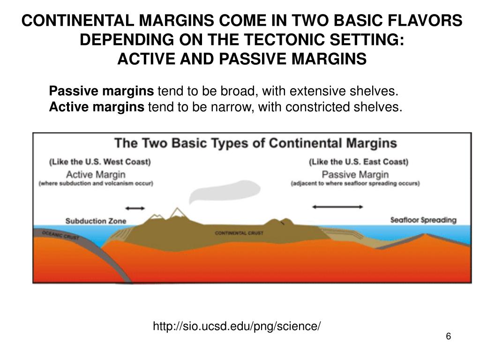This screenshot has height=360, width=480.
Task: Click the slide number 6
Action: (448, 337)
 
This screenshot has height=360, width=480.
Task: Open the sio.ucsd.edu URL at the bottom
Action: (237, 326)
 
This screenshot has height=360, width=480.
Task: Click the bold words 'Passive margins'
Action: (101, 90)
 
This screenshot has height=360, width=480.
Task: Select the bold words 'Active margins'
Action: (97, 107)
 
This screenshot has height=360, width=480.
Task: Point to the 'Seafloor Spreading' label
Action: (423, 220)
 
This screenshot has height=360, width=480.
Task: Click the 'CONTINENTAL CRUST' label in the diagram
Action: (239, 233)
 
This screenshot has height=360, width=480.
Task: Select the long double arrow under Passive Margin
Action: (337, 206)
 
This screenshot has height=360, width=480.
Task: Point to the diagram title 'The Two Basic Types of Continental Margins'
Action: (256, 143)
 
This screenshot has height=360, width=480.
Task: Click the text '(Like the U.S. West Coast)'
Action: (100, 162)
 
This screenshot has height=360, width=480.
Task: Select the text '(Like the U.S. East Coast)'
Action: (359, 162)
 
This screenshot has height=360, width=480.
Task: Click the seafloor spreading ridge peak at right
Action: (426, 235)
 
